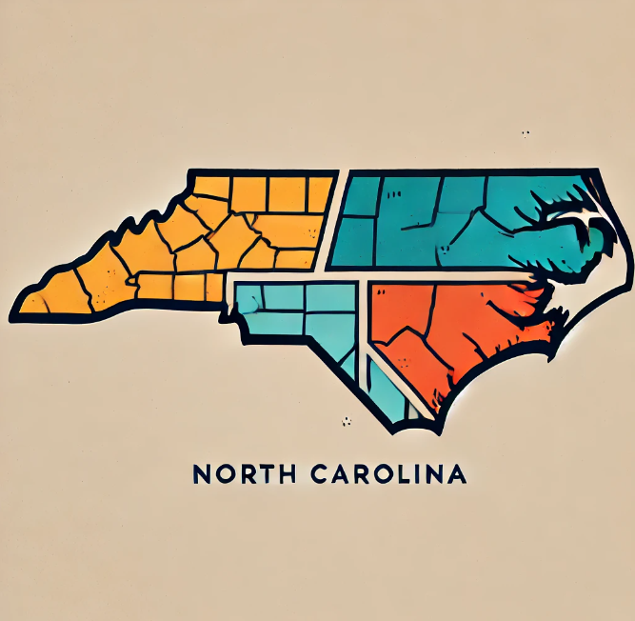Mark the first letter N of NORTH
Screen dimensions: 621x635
pos(200,473)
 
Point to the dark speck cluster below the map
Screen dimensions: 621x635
pos(347,420)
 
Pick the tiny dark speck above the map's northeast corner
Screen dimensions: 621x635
pos(525,134)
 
